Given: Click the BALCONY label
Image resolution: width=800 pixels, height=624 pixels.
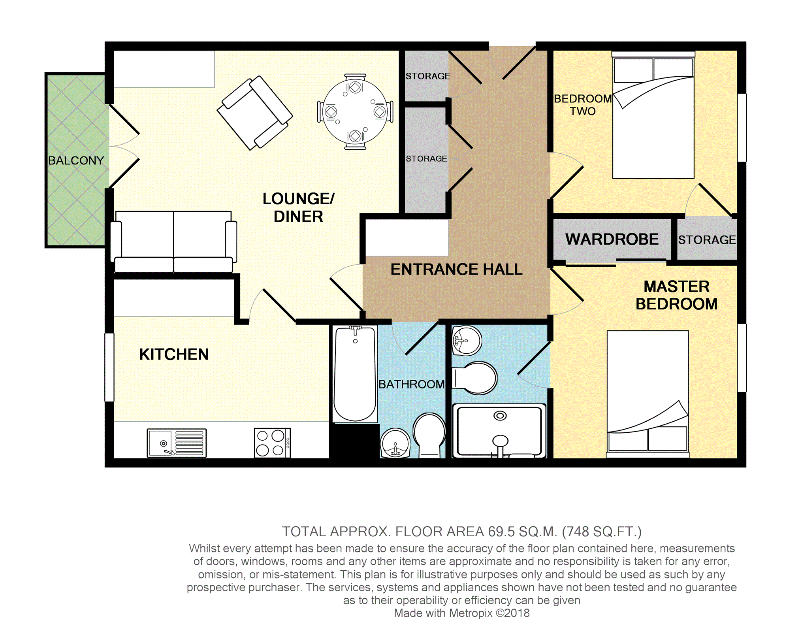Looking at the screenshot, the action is click(76, 160).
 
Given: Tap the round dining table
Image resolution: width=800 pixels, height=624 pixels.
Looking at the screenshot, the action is click(355, 111).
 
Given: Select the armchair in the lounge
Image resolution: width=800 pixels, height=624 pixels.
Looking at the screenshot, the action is click(255, 113).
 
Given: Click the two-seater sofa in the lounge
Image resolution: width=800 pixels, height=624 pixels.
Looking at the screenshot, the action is click(173, 242).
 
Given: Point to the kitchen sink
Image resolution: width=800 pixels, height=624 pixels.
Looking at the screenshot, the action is click(177, 443).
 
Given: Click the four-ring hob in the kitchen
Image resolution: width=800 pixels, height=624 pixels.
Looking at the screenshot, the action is click(272, 443).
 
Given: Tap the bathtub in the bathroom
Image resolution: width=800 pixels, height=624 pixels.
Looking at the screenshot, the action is click(355, 374).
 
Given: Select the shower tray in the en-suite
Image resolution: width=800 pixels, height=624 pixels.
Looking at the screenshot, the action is click(499, 430).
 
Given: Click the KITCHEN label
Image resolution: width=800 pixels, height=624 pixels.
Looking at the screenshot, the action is click(174, 354).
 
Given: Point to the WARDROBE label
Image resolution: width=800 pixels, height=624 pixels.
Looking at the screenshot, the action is click(612, 239).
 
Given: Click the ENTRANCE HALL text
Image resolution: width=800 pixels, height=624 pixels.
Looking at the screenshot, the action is click(456, 270).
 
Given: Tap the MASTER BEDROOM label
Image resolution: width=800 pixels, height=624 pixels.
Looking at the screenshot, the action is click(676, 295).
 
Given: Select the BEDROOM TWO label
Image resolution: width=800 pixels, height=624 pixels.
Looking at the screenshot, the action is click(583, 105).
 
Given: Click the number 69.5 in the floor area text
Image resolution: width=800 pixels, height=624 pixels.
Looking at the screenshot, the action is click(501, 532).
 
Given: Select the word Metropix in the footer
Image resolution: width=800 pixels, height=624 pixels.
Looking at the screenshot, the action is click(471, 613).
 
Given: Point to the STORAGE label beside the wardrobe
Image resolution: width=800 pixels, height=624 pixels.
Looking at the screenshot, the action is click(707, 240).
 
